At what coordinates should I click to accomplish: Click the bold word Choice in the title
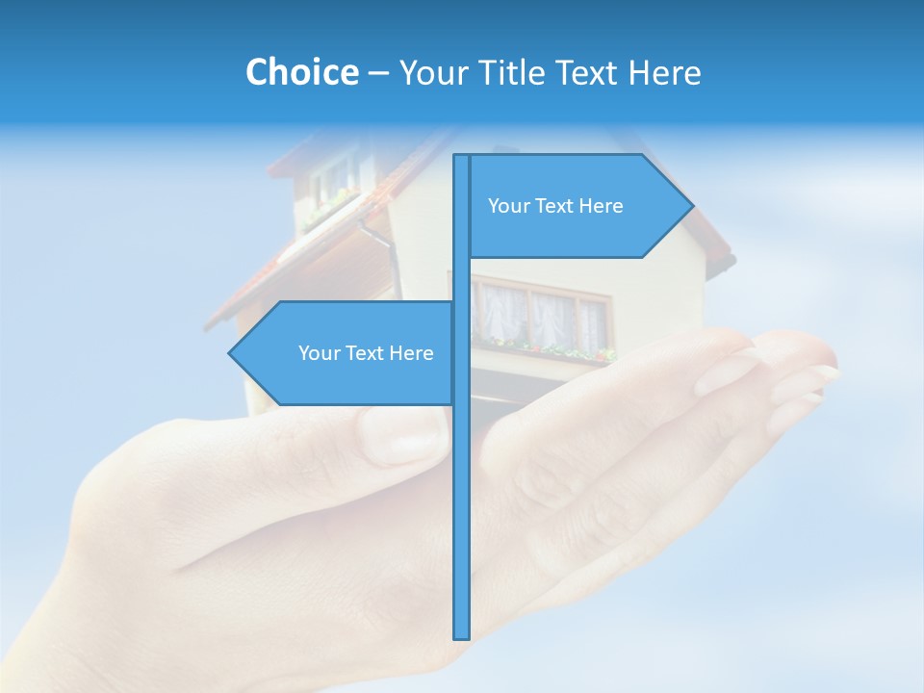point(301,72)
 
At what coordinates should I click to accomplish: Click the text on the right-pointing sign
point(555,206)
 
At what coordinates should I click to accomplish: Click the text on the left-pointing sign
point(366,353)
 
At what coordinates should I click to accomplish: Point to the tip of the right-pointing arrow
point(691,205)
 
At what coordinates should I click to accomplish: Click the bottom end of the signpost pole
point(462,635)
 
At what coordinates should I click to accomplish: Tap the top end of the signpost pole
point(462,158)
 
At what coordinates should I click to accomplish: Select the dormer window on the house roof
point(333,183)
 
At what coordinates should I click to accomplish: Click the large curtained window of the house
point(544,313)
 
